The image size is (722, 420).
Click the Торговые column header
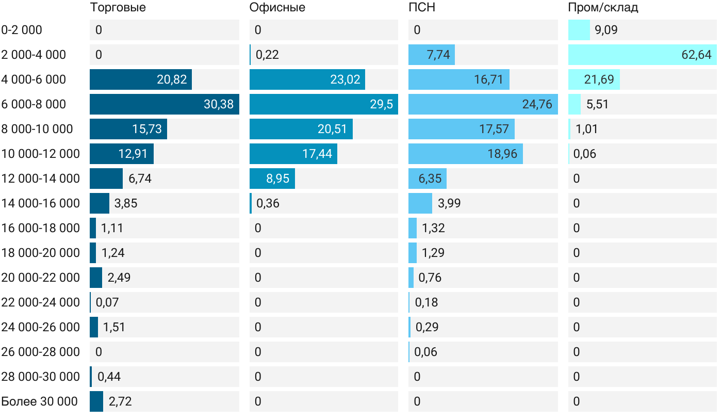(x=118, y=7)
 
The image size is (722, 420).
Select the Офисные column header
(x=277, y=7)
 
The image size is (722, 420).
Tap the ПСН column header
(x=421, y=7)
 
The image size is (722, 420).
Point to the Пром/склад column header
(x=603, y=7)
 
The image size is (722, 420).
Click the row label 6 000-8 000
(x=34, y=104)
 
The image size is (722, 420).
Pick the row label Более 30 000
(x=40, y=401)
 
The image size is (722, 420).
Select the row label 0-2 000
(x=22, y=30)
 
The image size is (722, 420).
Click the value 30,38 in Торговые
(x=219, y=104)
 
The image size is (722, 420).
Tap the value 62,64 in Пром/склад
(x=696, y=55)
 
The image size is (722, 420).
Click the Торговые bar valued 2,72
(x=96, y=401)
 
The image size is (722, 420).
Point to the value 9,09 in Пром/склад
(x=606, y=30)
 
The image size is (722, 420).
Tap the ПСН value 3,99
(x=449, y=203)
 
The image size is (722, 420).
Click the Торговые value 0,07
(x=107, y=302)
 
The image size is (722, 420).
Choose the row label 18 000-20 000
(x=41, y=253)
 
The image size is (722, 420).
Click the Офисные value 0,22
(x=267, y=55)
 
